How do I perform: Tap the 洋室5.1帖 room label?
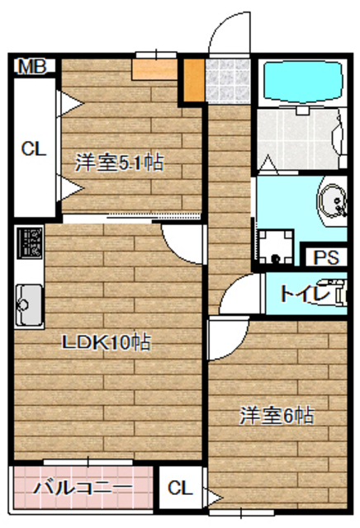pyautogui.click(x=119, y=163)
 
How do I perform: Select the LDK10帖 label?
pyautogui.click(x=107, y=341)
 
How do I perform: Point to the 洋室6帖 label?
pyautogui.click(x=277, y=414)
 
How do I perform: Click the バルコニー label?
pyautogui.click(x=83, y=487)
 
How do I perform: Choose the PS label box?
pyautogui.click(x=325, y=257)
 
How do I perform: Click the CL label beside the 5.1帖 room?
pyautogui.click(x=33, y=148)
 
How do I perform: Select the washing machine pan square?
pyautogui.click(x=275, y=244)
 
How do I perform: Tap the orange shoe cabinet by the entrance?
pyautogui.click(x=192, y=77)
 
